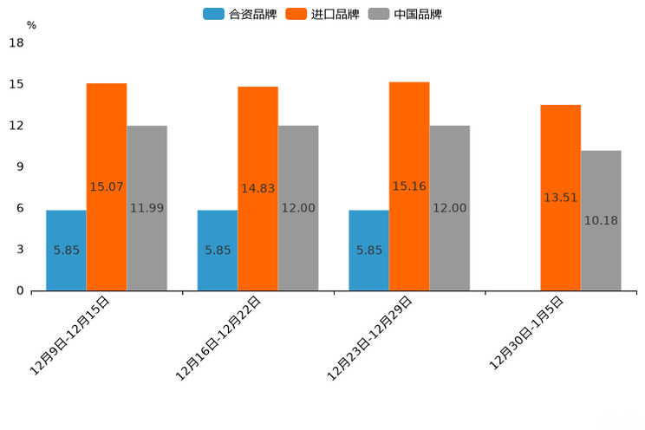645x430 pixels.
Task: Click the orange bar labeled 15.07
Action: click(107, 186)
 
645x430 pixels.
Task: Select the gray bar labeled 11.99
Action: click(147, 208)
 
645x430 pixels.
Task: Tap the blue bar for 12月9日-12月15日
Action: click(66, 250)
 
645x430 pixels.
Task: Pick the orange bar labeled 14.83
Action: click(257, 188)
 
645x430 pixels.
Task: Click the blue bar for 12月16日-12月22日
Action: click(218, 250)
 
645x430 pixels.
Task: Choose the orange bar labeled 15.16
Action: click(409, 186)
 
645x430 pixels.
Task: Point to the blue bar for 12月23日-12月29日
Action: click(368, 250)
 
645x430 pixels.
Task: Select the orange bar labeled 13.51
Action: click(560, 198)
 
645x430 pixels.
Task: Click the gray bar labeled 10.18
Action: click(601, 220)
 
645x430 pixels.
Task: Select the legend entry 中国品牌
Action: click(405, 14)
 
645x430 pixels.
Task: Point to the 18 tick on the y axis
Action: click(16, 42)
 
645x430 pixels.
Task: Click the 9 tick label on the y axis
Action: click(19, 166)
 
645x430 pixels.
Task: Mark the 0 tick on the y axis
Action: click(19, 290)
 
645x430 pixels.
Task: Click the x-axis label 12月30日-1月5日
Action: click(527, 333)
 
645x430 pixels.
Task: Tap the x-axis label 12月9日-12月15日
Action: click(70, 335)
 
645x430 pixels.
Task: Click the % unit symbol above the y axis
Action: click(31, 25)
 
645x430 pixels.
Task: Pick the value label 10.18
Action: click(601, 220)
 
